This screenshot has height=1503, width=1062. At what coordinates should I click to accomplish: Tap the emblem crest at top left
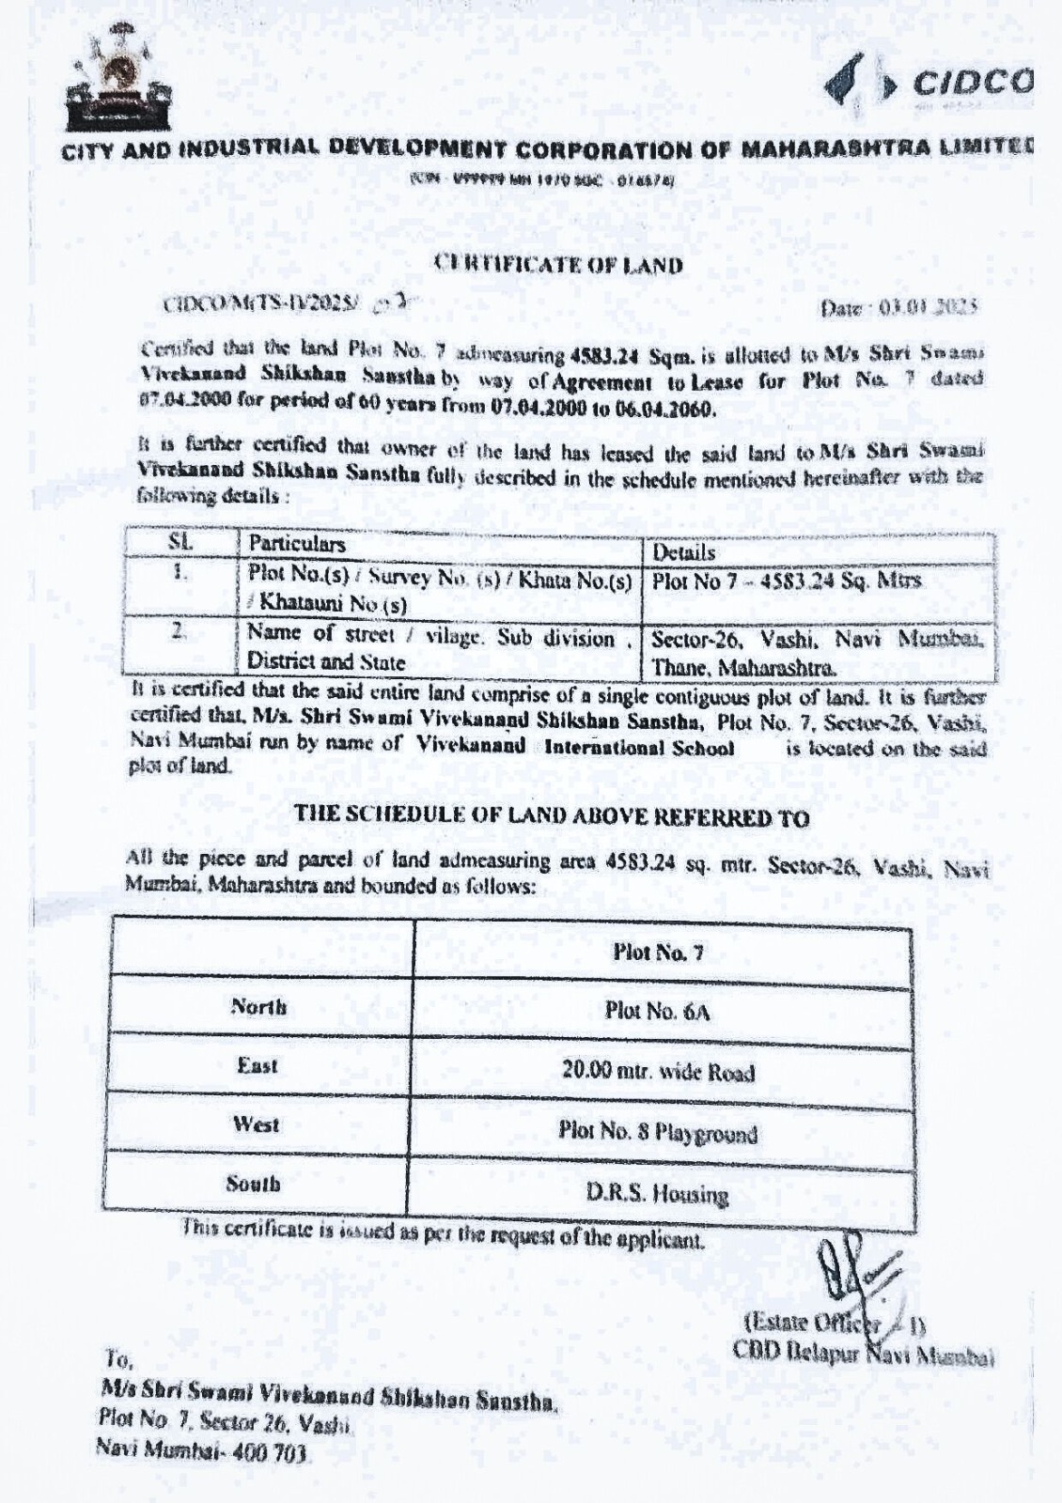point(117,80)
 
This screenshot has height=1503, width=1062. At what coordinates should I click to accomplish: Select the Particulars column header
point(297,544)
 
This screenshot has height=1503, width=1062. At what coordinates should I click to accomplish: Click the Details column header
point(683,551)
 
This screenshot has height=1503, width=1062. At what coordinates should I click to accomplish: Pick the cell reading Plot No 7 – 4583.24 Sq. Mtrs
point(786,581)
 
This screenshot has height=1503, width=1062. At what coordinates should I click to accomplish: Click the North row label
point(259,1008)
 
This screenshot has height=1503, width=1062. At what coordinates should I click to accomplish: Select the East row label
point(258,1065)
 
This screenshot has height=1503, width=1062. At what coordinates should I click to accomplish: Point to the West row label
point(256,1124)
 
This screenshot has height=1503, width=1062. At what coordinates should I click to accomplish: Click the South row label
point(253,1184)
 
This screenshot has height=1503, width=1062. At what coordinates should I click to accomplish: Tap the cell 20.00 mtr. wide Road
point(658,1071)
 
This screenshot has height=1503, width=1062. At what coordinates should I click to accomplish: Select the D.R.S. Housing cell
point(657,1193)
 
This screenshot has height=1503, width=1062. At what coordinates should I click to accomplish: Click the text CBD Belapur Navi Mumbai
point(863,1353)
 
